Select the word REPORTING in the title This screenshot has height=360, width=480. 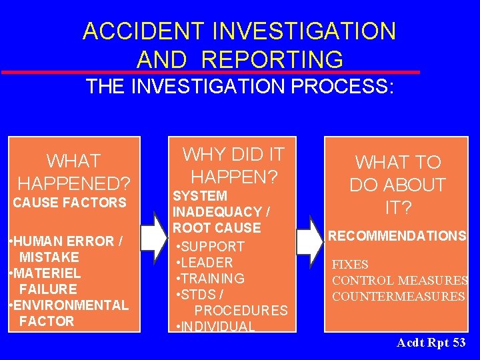pos(272,59)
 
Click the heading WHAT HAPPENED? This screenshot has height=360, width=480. pos(73,172)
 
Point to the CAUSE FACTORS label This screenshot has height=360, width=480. pos(69,203)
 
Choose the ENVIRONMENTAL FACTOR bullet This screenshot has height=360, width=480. pos(68,313)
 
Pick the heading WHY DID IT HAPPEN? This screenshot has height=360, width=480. pos(233,165)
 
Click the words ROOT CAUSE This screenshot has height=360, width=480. pos(216,228)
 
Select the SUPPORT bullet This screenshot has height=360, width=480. pos(212,247)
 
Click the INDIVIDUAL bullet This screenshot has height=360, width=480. pos(215,327)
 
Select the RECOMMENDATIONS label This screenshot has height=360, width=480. pos(397,236)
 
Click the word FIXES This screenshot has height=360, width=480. pos(350,265)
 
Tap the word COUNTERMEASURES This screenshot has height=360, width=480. pos(398,297)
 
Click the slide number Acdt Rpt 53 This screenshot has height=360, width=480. pos(431,343)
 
